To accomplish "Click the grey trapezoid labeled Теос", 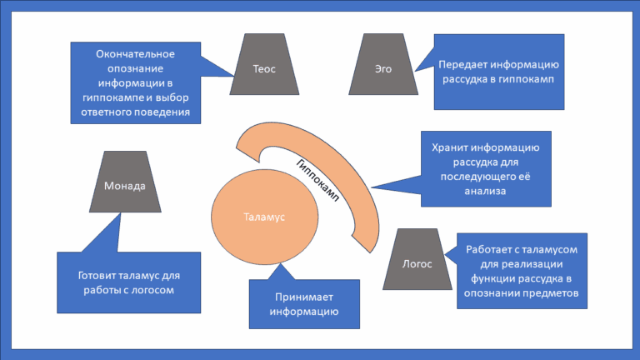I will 264,68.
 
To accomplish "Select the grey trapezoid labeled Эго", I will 383,68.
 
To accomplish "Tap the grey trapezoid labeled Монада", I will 125,185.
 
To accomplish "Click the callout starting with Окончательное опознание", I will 135,82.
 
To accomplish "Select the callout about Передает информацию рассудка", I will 498,72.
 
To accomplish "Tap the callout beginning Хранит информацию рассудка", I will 485,169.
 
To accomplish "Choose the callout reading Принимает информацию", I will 303,304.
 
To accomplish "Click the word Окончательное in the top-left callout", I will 135,54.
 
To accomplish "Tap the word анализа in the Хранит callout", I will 485,191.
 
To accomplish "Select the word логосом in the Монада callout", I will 156,290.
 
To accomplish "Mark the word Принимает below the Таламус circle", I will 303,297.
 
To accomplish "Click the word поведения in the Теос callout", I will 163,110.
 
